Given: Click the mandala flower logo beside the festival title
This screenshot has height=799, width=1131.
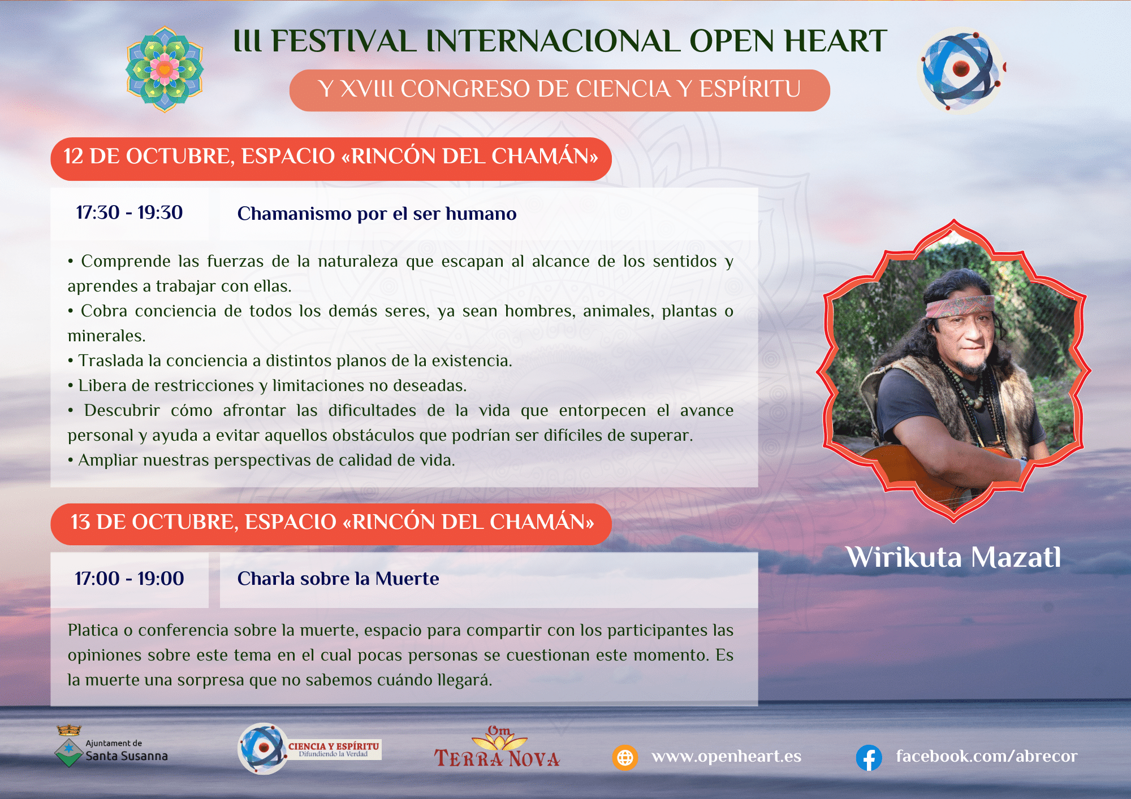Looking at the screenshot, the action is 164,69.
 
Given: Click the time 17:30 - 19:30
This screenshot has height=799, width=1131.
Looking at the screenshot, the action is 129,212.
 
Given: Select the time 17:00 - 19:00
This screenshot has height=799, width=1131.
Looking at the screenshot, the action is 129,579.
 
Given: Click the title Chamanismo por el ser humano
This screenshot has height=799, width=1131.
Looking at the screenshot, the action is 377,214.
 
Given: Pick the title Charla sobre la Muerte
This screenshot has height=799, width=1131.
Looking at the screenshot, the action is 338,579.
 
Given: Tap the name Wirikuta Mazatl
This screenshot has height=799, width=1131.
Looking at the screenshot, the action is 953,557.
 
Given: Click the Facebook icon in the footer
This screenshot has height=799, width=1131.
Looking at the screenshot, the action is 869,758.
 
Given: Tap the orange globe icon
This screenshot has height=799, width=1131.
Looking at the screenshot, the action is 625,757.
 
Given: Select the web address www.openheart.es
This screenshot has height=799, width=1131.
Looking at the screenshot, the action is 727,757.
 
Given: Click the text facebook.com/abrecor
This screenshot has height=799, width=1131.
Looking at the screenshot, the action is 987,756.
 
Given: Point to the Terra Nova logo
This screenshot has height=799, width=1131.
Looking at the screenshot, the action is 497,747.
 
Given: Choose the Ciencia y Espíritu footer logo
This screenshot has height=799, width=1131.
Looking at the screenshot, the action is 309,749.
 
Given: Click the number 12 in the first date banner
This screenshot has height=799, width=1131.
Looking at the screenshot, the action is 74,157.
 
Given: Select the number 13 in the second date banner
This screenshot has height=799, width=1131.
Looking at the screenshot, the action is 80,522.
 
